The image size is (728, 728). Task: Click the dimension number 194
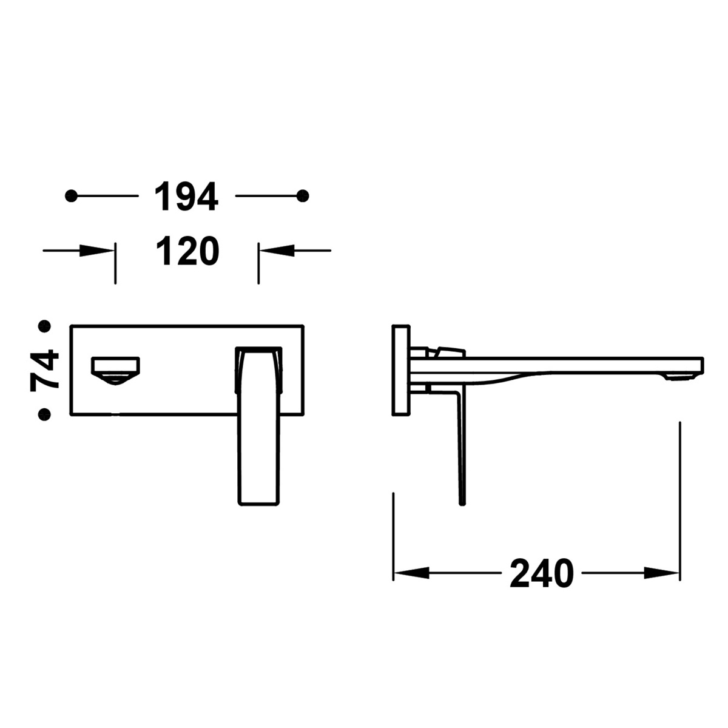click(x=186, y=197)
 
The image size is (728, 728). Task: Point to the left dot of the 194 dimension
click(x=72, y=196)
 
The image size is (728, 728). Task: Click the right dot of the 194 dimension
click(x=304, y=196)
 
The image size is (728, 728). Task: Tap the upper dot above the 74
click(x=44, y=326)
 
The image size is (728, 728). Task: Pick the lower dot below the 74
click(x=44, y=414)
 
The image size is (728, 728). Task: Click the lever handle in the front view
click(x=259, y=425)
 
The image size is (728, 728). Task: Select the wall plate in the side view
click(x=401, y=371)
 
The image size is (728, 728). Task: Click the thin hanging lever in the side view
click(x=460, y=449)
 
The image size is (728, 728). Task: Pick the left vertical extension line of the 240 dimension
click(x=394, y=534)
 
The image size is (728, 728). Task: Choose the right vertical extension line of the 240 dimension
click(x=681, y=497)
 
